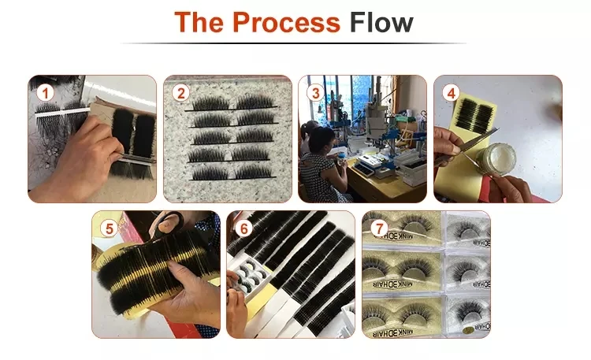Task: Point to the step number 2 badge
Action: (181, 94)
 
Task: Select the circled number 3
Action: (316, 94)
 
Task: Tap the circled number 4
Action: (452, 93)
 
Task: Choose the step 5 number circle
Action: (110, 229)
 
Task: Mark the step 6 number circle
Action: (244, 229)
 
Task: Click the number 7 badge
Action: (381, 228)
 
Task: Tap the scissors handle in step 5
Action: (169, 224)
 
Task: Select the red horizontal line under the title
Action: (295, 43)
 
